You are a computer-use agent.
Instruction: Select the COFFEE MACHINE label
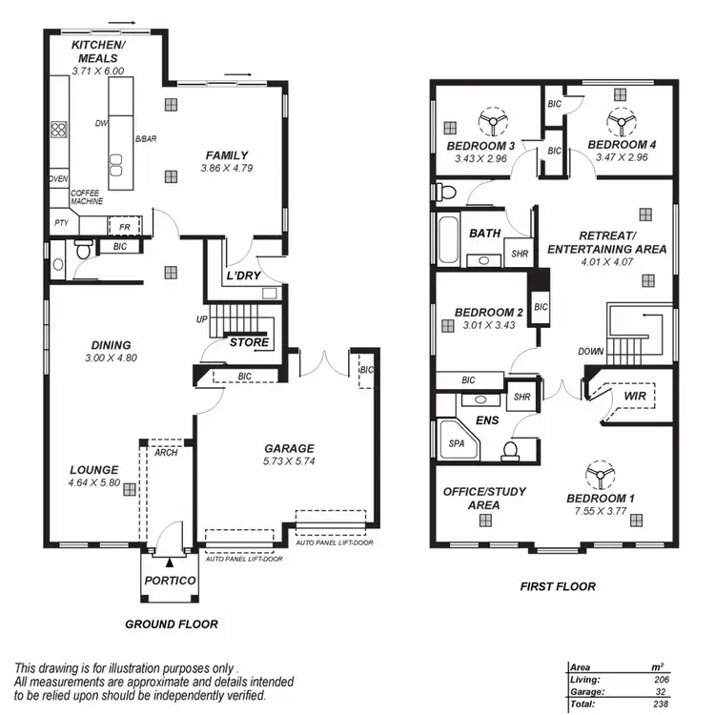(x=86, y=197)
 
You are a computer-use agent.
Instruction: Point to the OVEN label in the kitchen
(x=57, y=178)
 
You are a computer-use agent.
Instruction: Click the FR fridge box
(x=124, y=227)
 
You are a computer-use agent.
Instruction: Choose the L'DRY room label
(x=243, y=276)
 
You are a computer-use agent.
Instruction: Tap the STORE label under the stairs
(x=249, y=342)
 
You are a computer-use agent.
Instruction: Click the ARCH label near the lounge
(x=166, y=453)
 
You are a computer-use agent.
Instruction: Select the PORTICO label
(x=170, y=581)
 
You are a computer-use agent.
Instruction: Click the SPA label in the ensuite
(x=457, y=443)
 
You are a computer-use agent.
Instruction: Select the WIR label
(x=636, y=395)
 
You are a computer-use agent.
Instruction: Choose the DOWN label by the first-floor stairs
(x=590, y=352)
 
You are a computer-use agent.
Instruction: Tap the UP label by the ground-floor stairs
(x=201, y=318)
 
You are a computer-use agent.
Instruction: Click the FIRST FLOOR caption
(x=558, y=586)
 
